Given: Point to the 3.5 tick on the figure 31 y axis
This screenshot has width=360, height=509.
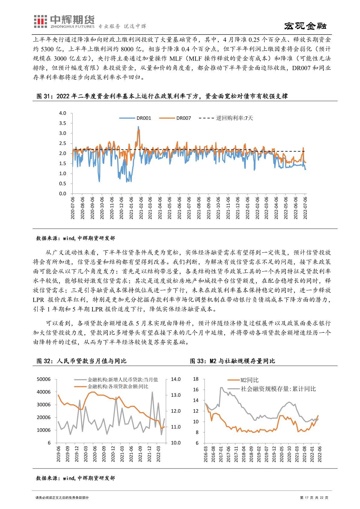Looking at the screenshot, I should click(63, 123).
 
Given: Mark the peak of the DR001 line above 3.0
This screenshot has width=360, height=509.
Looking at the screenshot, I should click(138, 127).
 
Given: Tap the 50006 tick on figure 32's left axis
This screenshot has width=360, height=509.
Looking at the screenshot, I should click(44, 379).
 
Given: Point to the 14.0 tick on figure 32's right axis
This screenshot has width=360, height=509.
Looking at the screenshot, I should click(176, 379).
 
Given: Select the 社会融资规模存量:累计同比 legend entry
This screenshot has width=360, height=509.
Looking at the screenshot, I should click(278, 389).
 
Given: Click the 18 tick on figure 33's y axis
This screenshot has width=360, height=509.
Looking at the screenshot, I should click(195, 379).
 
